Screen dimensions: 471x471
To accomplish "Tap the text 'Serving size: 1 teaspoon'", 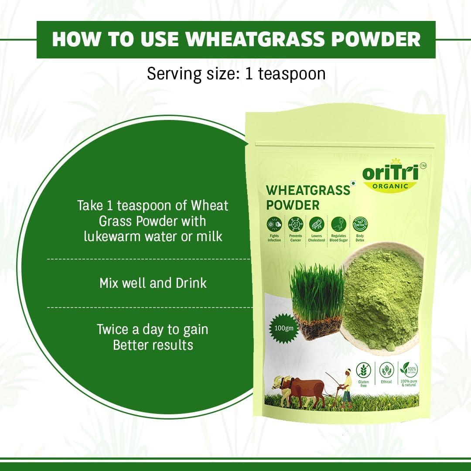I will pos(236,73).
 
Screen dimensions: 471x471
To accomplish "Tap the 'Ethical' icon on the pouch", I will pos(386,371).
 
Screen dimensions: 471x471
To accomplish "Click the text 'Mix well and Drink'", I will pos(153,283).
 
